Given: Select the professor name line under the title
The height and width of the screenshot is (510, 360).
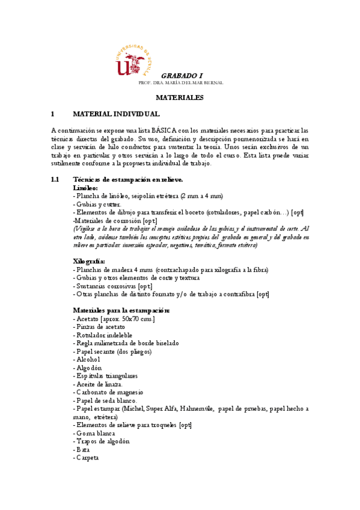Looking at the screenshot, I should (180, 82).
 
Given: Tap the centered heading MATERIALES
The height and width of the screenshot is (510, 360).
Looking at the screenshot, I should (180, 97).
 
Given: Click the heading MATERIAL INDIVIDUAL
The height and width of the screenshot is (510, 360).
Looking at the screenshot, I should (116, 114).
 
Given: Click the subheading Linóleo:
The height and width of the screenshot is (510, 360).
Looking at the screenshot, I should (85, 188).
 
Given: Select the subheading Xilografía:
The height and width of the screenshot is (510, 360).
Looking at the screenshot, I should (89, 262).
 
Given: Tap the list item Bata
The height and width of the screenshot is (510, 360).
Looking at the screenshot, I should (81, 449).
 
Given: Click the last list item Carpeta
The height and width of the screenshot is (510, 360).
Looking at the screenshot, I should (85, 458).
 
